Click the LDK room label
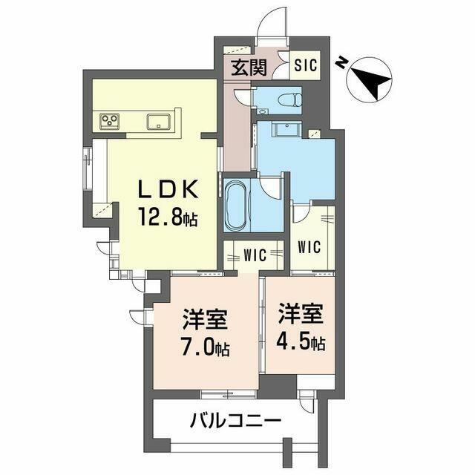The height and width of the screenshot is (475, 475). click(x=168, y=189)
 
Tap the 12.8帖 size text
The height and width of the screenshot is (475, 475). click(x=168, y=217)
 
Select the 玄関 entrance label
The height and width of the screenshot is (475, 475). click(x=249, y=68)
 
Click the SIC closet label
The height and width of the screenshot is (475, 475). click(x=305, y=65)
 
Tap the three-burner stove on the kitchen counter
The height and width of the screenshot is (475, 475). click(x=110, y=121)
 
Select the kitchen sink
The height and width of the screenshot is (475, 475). click(x=158, y=122)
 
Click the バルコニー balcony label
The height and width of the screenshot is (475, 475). click(x=236, y=421)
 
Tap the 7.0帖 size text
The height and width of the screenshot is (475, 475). click(x=205, y=348)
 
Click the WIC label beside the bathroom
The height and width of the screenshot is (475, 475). click(x=255, y=255)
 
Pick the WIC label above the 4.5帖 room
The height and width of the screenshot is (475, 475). click(x=309, y=247)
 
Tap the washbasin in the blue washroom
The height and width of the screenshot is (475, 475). click(x=286, y=129)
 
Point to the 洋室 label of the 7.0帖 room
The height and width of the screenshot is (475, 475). click(x=205, y=319)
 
